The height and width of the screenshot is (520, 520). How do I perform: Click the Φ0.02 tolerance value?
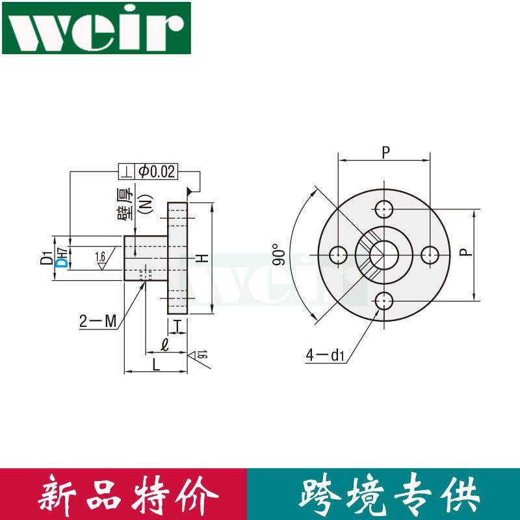coord(156,172)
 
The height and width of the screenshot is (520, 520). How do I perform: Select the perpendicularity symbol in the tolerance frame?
coord(125,172)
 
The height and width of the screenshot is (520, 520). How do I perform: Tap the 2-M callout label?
coord(97,320)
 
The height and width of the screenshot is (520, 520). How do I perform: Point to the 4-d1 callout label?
coord(324,355)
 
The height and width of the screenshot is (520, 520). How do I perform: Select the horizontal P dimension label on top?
coord(385,153)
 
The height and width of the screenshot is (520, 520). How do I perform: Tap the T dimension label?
coord(177,326)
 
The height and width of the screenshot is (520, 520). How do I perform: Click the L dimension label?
coord(156,365)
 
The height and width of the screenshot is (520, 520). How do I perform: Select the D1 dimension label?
coord(45,257)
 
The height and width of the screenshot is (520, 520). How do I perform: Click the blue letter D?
coord(62,262)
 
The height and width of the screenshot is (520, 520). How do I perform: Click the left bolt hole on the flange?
coord(338,255)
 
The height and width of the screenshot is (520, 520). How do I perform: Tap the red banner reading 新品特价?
coord(123,494)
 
